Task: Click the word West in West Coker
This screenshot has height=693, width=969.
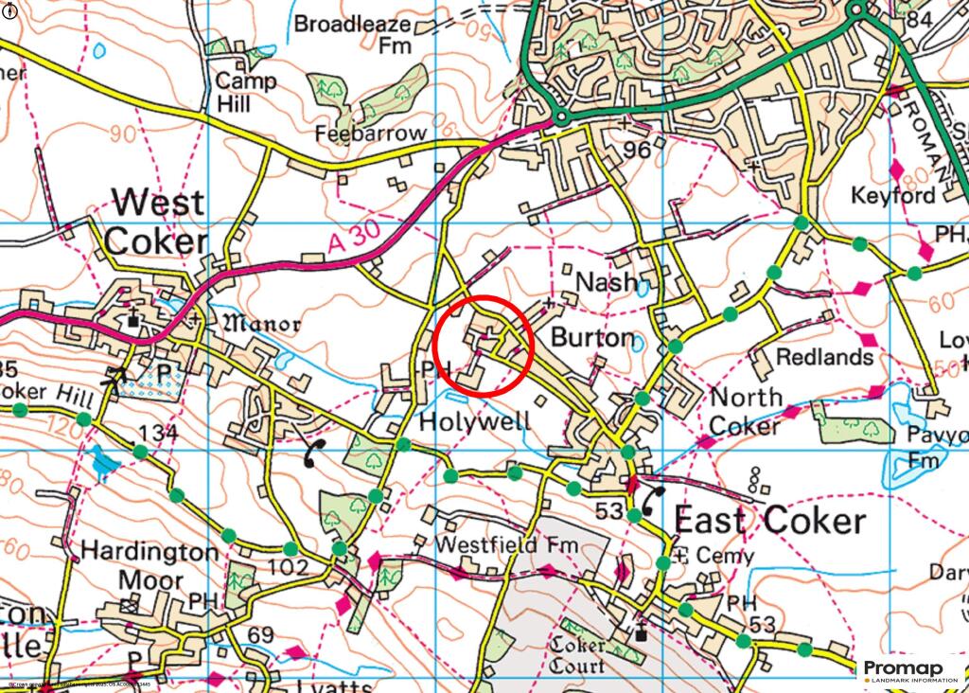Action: click(x=158, y=203)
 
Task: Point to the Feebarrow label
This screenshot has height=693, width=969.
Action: click(x=372, y=133)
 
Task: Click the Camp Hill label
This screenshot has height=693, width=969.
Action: click(x=246, y=92)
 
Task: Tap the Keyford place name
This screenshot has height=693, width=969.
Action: click(x=893, y=196)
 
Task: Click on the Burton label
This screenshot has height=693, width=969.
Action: click(x=591, y=337)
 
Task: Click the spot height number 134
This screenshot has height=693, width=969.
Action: click(x=158, y=434)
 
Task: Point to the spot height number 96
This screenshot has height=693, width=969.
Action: click(x=639, y=150)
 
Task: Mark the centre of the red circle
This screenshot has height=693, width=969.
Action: click(x=486, y=345)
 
